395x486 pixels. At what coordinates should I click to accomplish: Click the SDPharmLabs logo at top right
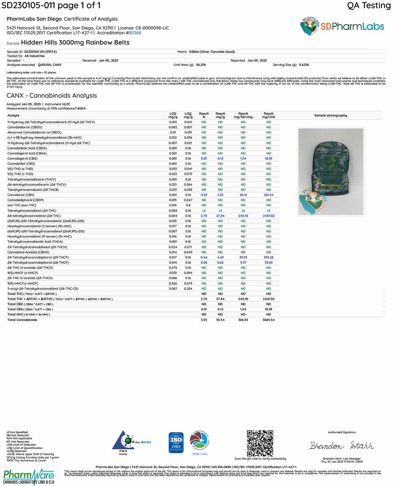click(x=342, y=26)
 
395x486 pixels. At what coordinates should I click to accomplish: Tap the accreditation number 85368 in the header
click(x=135, y=33)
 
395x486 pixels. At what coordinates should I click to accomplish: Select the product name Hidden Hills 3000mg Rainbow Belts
click(x=75, y=42)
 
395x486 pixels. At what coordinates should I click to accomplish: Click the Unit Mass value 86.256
click(x=201, y=65)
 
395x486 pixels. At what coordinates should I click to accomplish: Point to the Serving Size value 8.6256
click(x=304, y=65)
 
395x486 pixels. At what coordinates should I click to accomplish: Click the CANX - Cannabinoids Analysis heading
click(x=52, y=96)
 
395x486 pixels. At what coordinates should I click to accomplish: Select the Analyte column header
click(x=13, y=115)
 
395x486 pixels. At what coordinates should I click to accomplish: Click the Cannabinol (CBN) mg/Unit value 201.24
click(x=269, y=195)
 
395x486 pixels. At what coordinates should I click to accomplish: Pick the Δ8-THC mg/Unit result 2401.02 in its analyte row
click(x=269, y=216)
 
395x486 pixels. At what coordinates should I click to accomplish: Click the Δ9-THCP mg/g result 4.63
click(x=220, y=257)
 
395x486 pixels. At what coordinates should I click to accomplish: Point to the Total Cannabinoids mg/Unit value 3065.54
click(x=269, y=320)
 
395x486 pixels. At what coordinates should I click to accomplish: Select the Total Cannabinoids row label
click(x=22, y=320)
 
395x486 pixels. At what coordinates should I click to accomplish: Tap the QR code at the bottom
click(x=260, y=443)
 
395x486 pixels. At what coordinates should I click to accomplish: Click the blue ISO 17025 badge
click(x=176, y=443)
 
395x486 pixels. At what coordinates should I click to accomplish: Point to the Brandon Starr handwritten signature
click(x=342, y=445)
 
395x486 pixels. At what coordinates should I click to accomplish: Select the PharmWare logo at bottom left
click(x=29, y=477)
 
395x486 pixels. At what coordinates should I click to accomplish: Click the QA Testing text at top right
click(x=369, y=5)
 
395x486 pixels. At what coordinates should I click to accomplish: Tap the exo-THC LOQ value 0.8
click(x=188, y=205)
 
